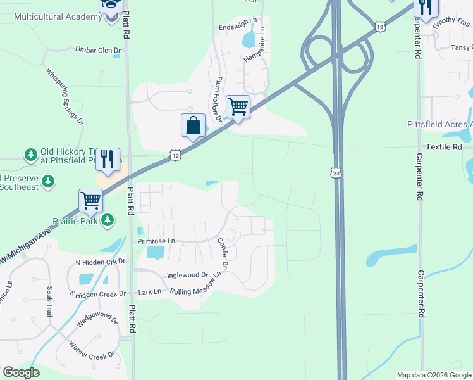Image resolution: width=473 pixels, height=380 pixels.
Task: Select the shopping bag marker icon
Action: point(193,125)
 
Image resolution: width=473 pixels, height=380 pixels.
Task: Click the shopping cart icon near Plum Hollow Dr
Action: point(238,106)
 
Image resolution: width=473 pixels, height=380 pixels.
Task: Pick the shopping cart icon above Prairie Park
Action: point(91,201)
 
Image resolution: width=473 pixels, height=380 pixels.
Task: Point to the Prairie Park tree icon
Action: point(109,220)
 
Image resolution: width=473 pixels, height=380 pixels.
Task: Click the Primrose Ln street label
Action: point(156,241)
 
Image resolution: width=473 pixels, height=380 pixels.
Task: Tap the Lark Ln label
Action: point(150,292)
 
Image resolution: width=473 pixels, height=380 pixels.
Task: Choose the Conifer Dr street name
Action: point(225,251)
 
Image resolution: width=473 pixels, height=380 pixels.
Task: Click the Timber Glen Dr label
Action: point(97,49)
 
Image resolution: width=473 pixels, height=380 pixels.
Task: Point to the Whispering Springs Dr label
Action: point(64,96)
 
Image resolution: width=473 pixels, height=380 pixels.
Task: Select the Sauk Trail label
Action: point(49,301)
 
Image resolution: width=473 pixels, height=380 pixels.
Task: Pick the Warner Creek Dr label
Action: point(92,349)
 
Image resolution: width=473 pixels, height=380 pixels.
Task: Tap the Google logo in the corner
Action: point(21,372)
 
